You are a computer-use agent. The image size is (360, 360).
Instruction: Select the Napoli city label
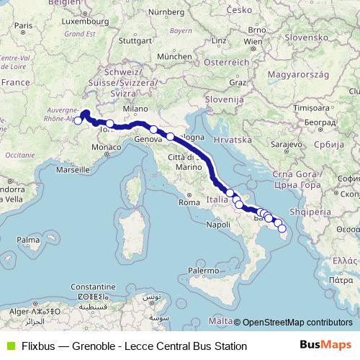tap(217, 225)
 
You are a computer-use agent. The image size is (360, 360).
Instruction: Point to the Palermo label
tap(203, 271)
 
